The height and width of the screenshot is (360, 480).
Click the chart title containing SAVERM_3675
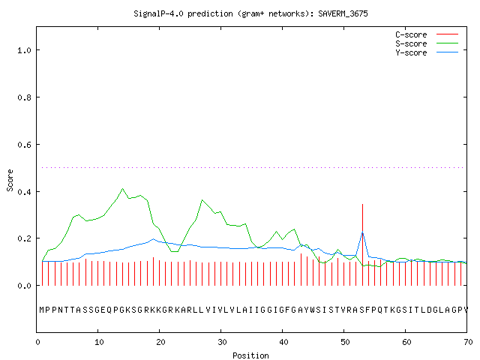tap(250, 13)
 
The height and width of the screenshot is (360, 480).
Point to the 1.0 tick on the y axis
tap(24, 50)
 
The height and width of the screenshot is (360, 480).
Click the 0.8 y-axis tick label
tap(24, 97)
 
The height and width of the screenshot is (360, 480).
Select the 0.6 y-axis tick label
tap(24, 145)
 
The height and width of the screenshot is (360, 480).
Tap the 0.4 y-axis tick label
tap(24, 192)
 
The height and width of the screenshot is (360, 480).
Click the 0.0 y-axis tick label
tap(24, 286)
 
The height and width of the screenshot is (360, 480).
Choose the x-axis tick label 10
tap(98, 342)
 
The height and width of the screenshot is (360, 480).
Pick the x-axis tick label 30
tap(222, 342)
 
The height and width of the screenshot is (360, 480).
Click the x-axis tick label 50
tap(345, 342)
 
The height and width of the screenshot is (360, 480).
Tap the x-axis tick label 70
tap(468, 342)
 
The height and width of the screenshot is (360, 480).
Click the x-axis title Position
tap(250, 355)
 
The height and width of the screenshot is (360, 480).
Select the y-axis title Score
tap(10, 181)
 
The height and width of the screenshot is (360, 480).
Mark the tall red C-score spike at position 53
tap(362, 245)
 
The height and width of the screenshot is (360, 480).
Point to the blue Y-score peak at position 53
tap(362, 232)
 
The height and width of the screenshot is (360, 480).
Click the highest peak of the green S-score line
tap(123, 188)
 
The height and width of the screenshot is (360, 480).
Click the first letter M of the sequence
tap(42, 310)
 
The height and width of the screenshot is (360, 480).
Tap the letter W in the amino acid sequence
tap(312, 310)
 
